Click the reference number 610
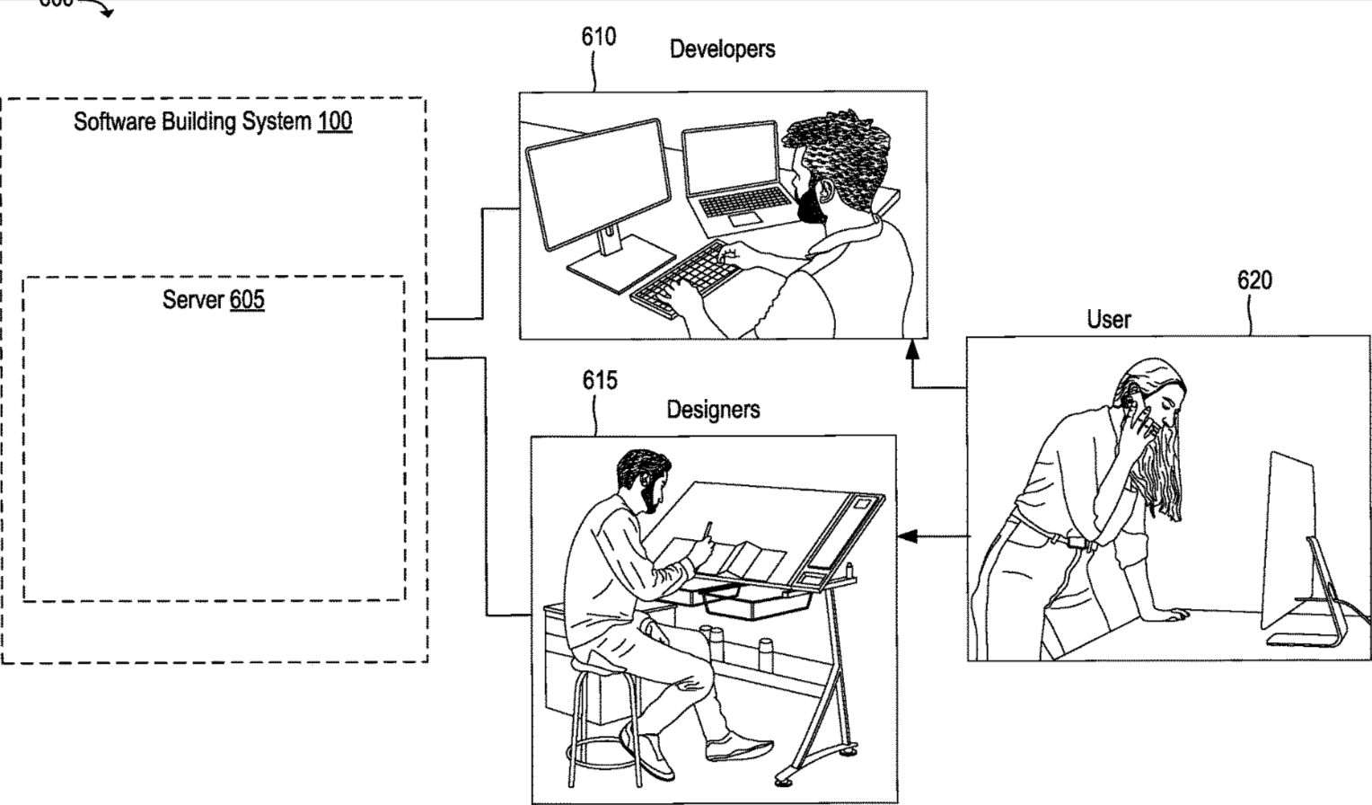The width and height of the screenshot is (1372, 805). click(x=598, y=37)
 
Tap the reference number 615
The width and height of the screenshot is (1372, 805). click(x=599, y=380)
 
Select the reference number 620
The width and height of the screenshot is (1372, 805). click(x=1253, y=280)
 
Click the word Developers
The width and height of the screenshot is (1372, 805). click(x=722, y=49)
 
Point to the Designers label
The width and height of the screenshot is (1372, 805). click(x=713, y=410)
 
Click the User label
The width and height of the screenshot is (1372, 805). click(x=1109, y=319)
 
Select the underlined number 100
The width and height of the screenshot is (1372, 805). click(x=335, y=121)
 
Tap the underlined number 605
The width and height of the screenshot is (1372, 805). click(x=247, y=299)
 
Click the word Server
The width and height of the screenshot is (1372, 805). click(x=193, y=299)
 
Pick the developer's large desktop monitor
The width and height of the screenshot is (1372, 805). click(x=597, y=184)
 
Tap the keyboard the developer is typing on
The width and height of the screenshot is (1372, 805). click(x=682, y=279)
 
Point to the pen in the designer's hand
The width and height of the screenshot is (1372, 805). click(x=708, y=529)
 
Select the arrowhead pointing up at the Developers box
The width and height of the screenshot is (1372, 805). click(x=913, y=347)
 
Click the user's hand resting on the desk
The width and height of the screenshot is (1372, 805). click(x=1170, y=615)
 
